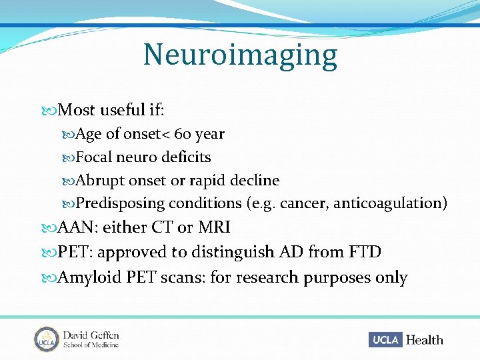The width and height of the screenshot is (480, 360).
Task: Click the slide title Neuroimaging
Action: tap(240, 55)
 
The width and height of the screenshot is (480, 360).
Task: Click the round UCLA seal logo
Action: tap(47, 339)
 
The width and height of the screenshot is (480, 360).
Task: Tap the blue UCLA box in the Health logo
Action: tap(385, 340)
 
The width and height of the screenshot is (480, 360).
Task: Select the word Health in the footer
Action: tap(424, 340)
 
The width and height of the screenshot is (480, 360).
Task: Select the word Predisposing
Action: tap(120, 203)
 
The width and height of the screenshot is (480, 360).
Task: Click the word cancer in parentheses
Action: tap(306, 203)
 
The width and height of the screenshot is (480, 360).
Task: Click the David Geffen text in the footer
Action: tap(91, 334)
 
